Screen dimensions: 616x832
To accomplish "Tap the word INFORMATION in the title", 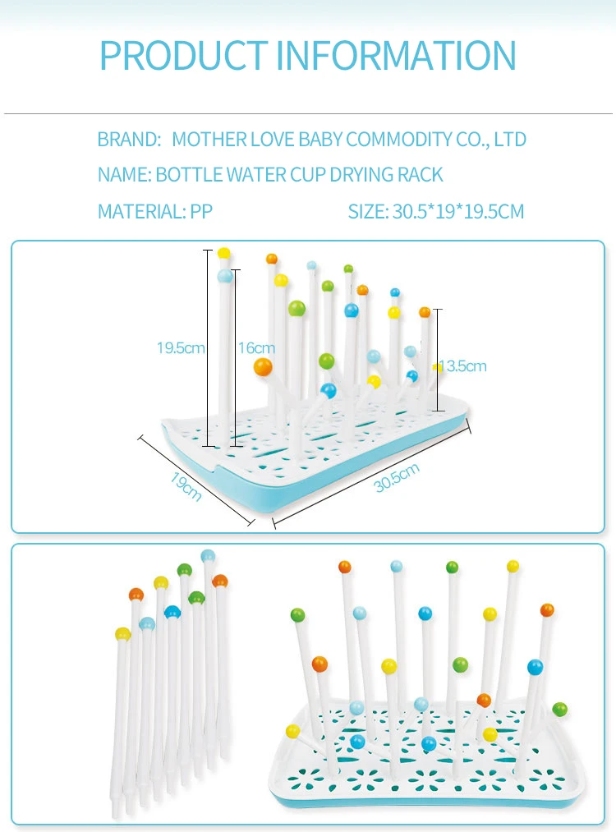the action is point(396,55).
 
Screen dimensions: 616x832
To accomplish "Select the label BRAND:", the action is point(129,140).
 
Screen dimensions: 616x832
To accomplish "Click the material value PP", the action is point(201,212).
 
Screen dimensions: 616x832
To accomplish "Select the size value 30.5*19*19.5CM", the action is point(458,212).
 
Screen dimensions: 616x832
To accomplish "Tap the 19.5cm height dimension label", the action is point(181,348).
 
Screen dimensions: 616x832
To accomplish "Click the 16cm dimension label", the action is point(256,348).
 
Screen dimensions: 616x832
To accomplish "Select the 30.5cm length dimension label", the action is point(397,478).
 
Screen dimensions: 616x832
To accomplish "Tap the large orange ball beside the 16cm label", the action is point(263,367).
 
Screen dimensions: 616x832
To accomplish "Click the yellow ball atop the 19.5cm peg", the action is point(223,254).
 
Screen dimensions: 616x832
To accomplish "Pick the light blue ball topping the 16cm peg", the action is point(225,277).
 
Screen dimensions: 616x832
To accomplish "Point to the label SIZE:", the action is point(367,212).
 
